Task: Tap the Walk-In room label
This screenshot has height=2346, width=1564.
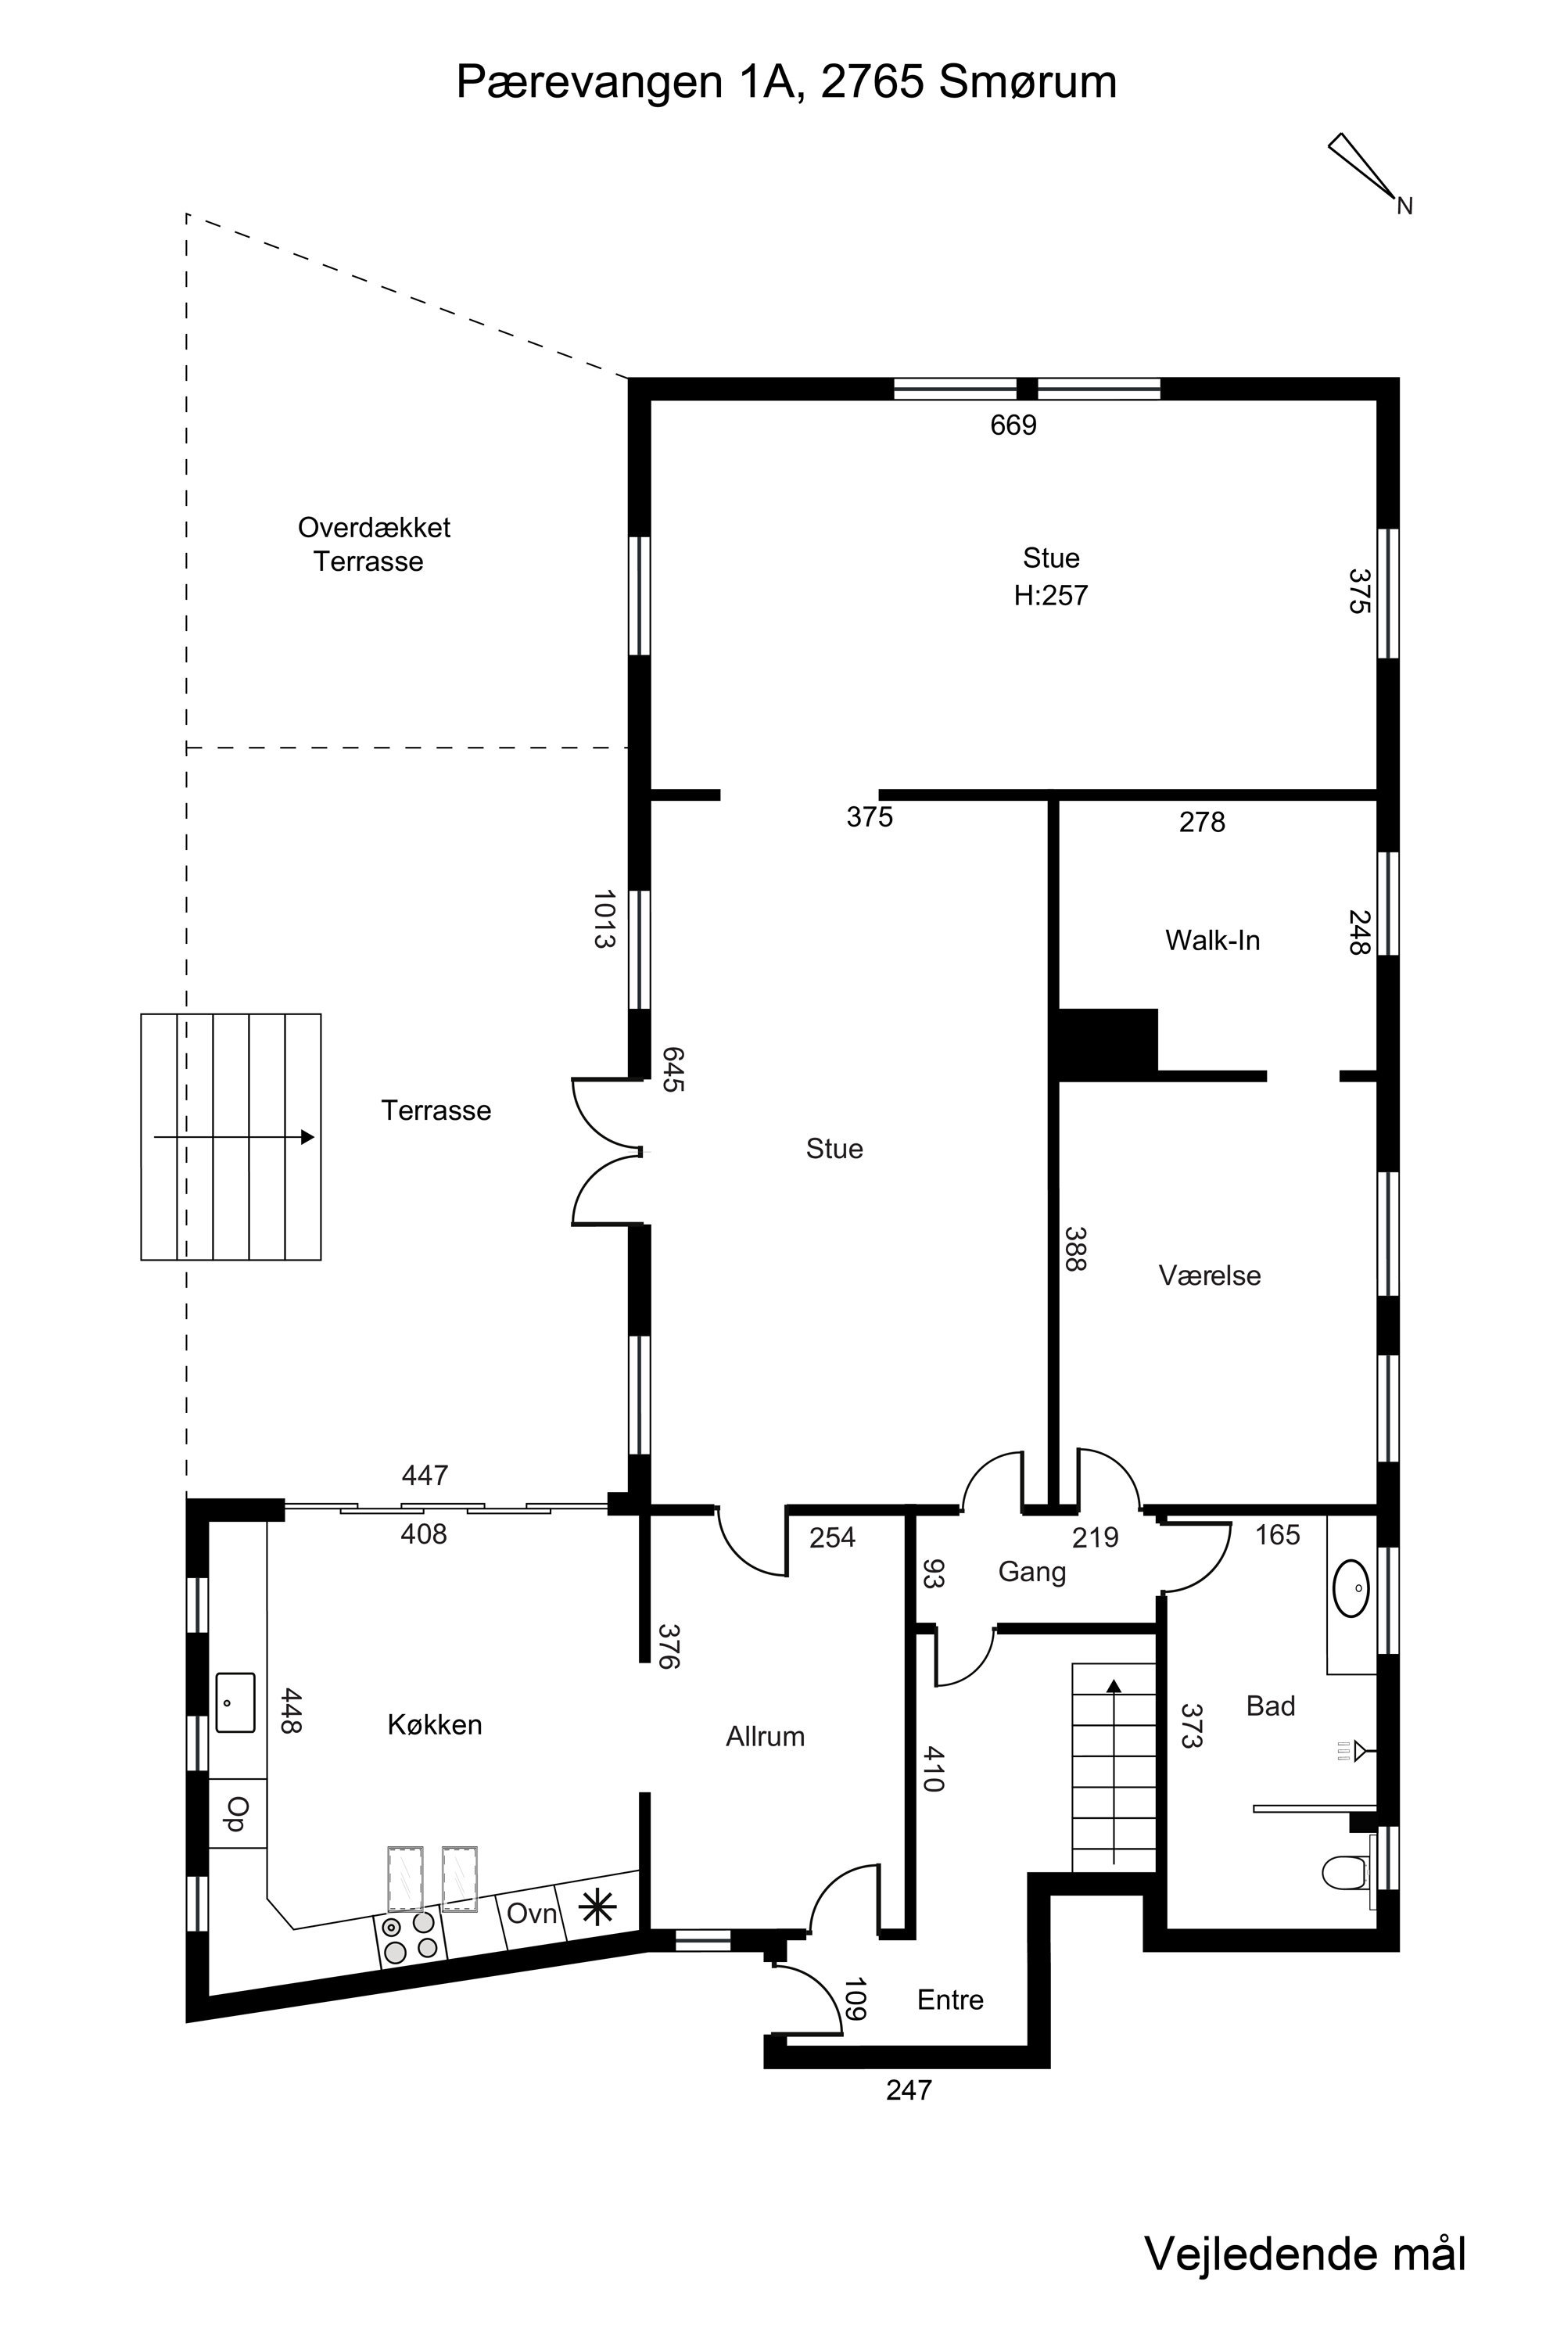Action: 1212,940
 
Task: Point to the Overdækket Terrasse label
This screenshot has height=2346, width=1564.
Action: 373,543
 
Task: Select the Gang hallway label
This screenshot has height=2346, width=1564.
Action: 1031,1573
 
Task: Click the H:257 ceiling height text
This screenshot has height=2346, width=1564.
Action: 1050,595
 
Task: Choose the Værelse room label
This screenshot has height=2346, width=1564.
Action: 1209,1275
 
